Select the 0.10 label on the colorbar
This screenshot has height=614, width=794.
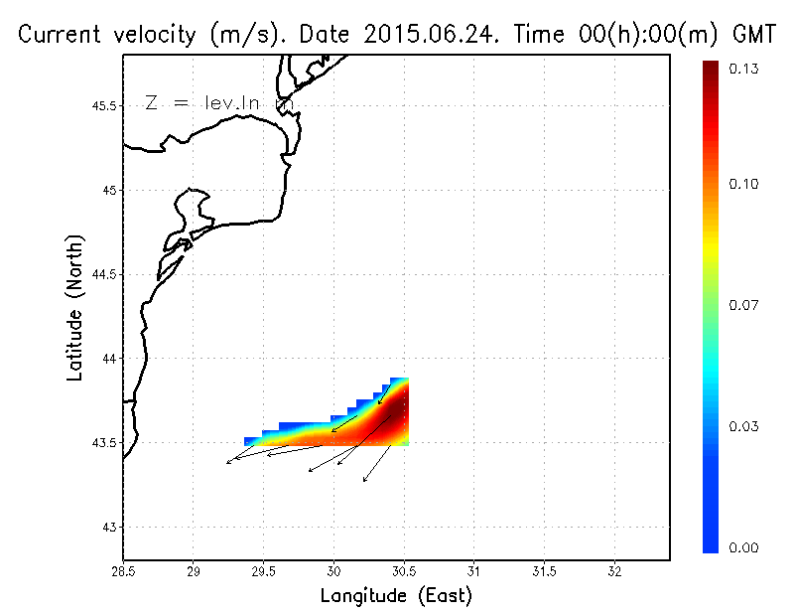click(x=745, y=184)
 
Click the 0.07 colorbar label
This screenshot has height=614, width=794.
click(x=745, y=305)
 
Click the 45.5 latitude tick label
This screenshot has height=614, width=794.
click(x=103, y=106)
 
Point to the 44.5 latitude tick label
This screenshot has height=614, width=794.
click(x=103, y=274)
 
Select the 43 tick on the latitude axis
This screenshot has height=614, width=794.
click(x=110, y=527)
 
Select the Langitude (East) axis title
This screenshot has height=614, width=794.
click(x=396, y=596)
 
